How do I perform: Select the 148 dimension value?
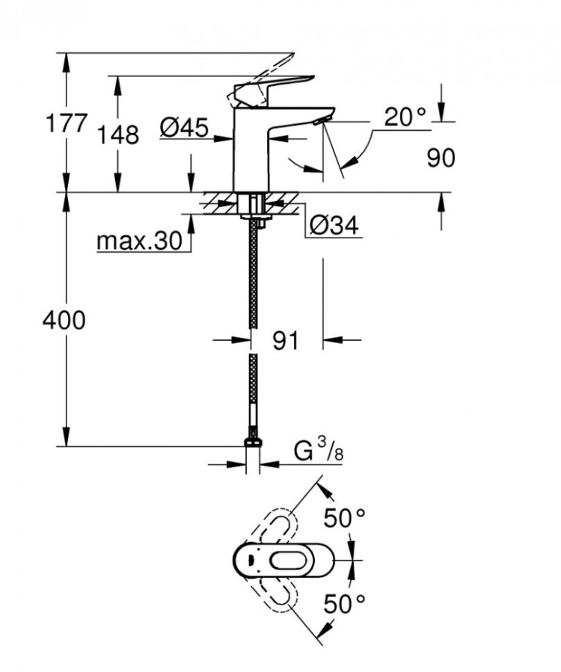pyautogui.click(x=117, y=135)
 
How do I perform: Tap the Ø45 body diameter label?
pyautogui.click(x=183, y=129)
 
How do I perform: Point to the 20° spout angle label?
pyautogui.click(x=405, y=117)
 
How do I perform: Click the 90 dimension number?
pyautogui.click(x=441, y=158)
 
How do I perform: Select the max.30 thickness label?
pyautogui.click(x=139, y=241)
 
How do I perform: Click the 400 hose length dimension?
pyautogui.click(x=64, y=321)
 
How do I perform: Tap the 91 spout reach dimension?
pyautogui.click(x=285, y=341)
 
